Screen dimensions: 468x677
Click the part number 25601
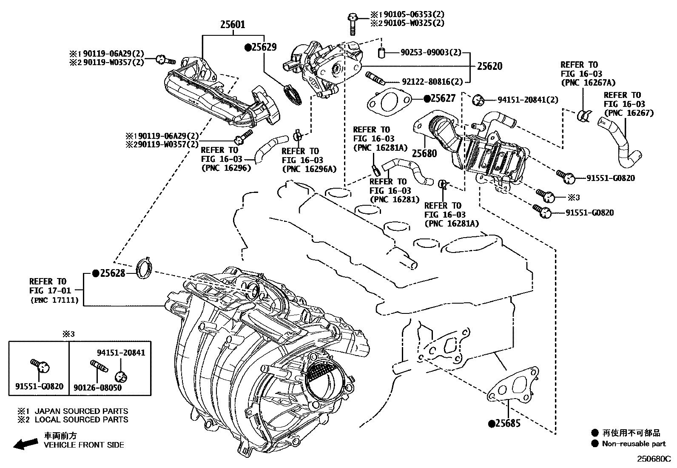(x=232, y=24)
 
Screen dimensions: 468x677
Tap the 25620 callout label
(x=489, y=66)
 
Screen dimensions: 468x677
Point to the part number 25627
(x=442, y=98)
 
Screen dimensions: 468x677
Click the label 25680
(x=424, y=153)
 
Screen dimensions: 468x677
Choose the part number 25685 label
(x=507, y=423)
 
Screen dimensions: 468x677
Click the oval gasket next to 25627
(x=389, y=102)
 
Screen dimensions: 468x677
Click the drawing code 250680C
(x=653, y=459)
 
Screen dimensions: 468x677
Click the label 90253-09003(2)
(x=430, y=52)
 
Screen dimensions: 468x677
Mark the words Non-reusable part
(x=634, y=444)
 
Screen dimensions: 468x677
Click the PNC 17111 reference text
(x=54, y=300)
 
